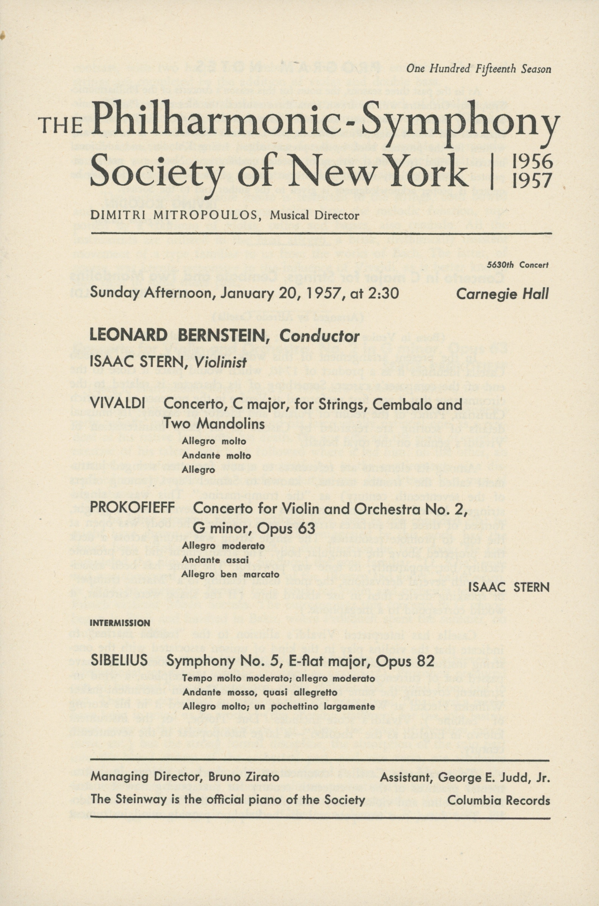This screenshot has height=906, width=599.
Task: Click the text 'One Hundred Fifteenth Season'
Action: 479,69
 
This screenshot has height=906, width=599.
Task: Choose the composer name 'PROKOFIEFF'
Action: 132,508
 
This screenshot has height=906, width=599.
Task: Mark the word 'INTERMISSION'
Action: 119,623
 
